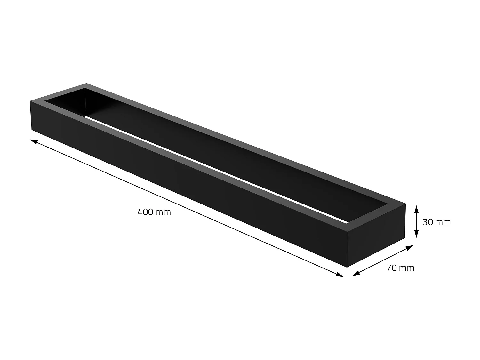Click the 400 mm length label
[x=154, y=212]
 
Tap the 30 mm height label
[x=436, y=222]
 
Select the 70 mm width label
[x=400, y=268]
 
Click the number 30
[x=428, y=222]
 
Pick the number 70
[x=392, y=268]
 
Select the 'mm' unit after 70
[x=407, y=268]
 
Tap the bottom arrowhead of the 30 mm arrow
[x=416, y=235]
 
